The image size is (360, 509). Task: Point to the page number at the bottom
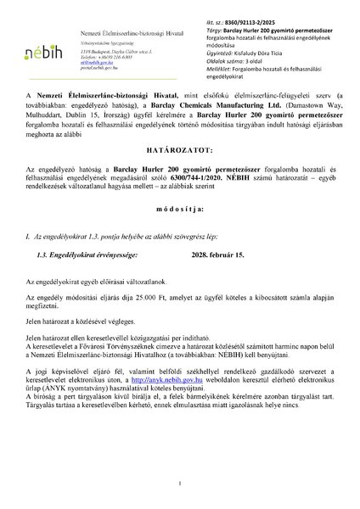click(180, 484)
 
